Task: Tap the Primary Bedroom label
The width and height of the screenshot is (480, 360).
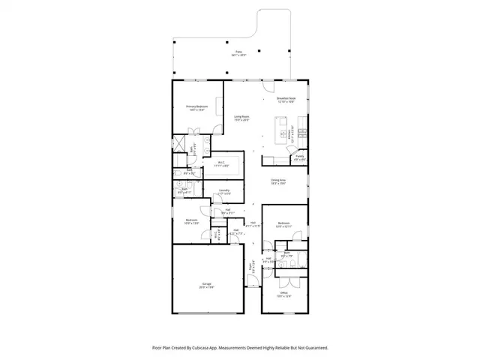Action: point(196,109)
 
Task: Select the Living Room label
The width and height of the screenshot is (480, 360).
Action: point(241,118)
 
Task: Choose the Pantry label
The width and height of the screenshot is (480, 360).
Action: point(298,158)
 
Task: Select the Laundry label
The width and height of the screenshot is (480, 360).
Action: point(223,192)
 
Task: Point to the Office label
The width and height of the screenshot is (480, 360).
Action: point(284,294)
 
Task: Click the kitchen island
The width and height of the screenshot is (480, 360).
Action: point(285,135)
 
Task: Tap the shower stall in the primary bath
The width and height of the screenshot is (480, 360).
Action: point(180,143)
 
